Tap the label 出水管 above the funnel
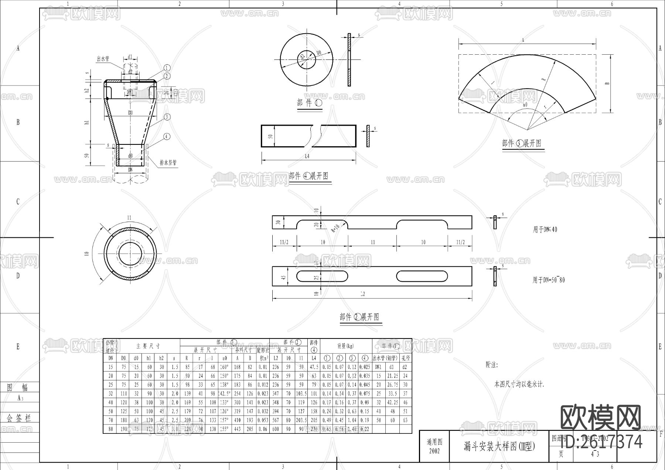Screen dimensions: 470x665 click(103, 59)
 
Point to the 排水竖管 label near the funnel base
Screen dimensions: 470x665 click(168, 162)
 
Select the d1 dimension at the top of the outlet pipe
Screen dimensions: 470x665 click(130, 57)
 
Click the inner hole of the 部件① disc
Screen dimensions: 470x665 click(307, 59)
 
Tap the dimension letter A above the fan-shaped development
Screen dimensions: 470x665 click(523, 41)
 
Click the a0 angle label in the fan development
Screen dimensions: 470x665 click(525, 105)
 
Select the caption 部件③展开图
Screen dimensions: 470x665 click(521, 143)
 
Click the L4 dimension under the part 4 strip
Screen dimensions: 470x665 click(307, 156)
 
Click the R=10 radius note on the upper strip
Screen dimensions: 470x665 click(335, 227)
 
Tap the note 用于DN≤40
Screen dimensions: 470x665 click(545, 229)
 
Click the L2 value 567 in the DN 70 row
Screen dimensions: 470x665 click(276, 420)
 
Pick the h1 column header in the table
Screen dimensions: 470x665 click(149, 358)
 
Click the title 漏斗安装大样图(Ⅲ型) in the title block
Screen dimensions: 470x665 click(499, 447)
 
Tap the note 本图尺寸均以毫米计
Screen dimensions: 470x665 click(519, 384)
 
